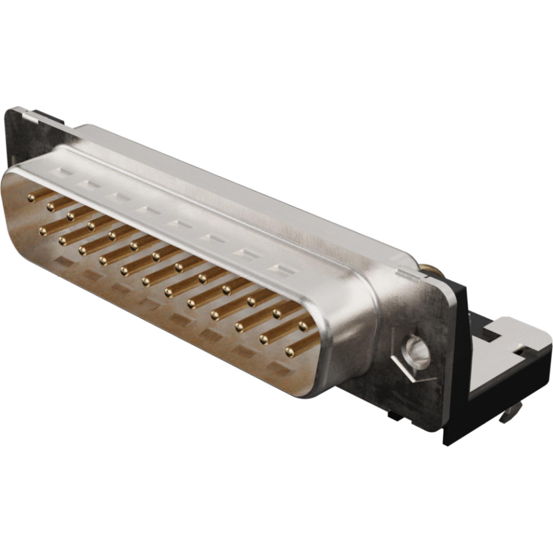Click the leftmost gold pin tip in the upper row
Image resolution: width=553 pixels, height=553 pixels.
point(32,198)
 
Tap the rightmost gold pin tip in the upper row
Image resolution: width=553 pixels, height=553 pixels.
point(303,326)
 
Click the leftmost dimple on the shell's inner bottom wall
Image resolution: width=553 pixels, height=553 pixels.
point(62,261)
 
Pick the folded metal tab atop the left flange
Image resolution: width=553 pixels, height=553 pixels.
point(31,114)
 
